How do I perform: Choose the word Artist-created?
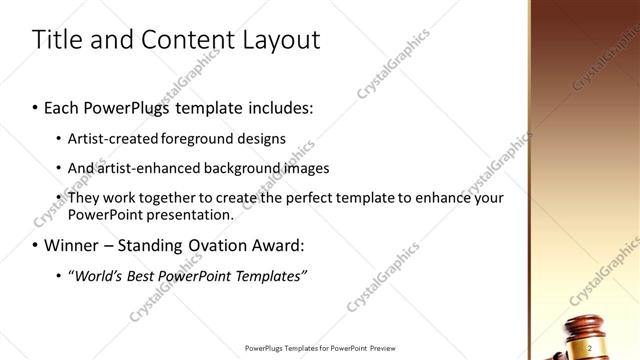pyautogui.click(x=111, y=138)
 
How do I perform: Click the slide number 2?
pyautogui.click(x=590, y=347)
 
